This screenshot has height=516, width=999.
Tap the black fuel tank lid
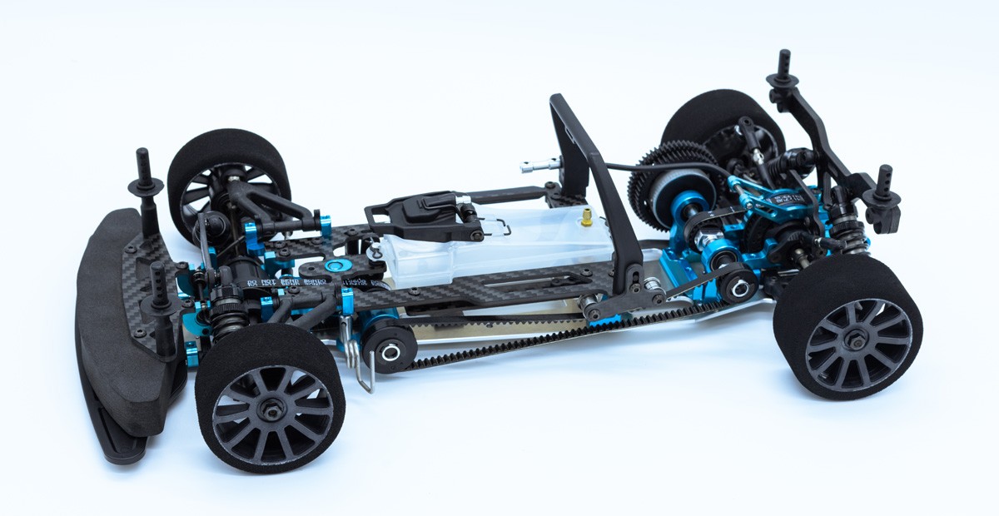tap(416, 213)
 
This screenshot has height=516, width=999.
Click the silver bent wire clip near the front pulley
tap(360, 366)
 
